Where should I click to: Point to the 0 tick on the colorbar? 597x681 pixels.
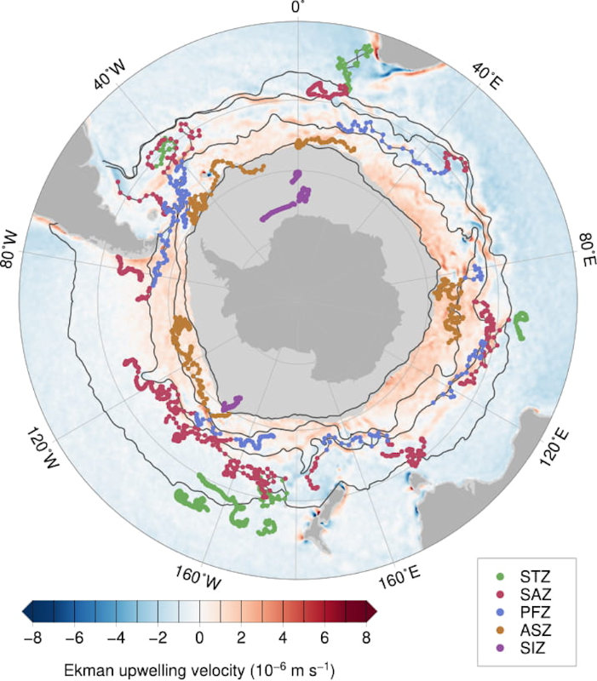[199, 634]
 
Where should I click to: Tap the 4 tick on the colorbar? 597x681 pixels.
[282, 634]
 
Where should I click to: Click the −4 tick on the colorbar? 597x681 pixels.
[117, 634]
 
